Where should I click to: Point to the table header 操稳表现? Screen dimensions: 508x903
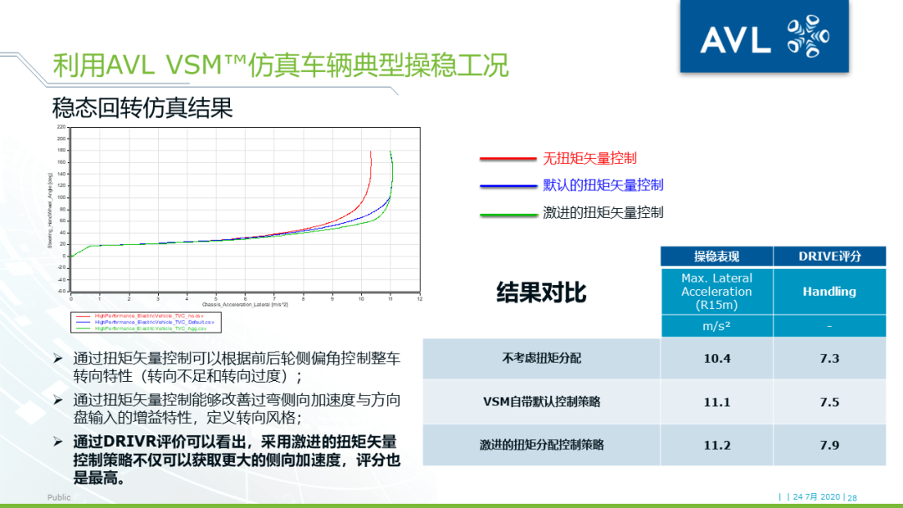click(x=716, y=257)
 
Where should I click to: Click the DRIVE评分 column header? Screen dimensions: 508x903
click(x=829, y=257)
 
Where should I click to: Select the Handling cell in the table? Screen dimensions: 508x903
click(x=829, y=292)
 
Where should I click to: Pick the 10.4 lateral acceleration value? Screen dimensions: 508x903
click(x=717, y=358)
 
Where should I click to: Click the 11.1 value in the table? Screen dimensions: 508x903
click(x=717, y=402)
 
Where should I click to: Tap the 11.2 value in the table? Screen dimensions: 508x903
click(x=717, y=445)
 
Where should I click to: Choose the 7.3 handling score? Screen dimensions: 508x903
click(x=829, y=358)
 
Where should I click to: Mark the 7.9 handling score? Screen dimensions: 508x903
click(x=829, y=445)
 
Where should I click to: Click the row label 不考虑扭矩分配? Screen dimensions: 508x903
click(x=541, y=358)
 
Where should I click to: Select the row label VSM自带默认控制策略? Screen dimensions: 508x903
click(x=541, y=402)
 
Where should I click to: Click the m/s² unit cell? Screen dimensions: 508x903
click(x=717, y=327)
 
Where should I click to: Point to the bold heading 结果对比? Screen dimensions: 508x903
click(x=541, y=292)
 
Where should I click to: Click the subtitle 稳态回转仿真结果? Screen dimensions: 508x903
click(x=142, y=108)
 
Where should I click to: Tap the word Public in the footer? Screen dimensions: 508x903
click(x=59, y=497)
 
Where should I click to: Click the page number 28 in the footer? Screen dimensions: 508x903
click(x=852, y=497)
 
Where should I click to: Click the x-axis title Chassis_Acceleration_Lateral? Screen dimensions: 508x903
click(x=244, y=304)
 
